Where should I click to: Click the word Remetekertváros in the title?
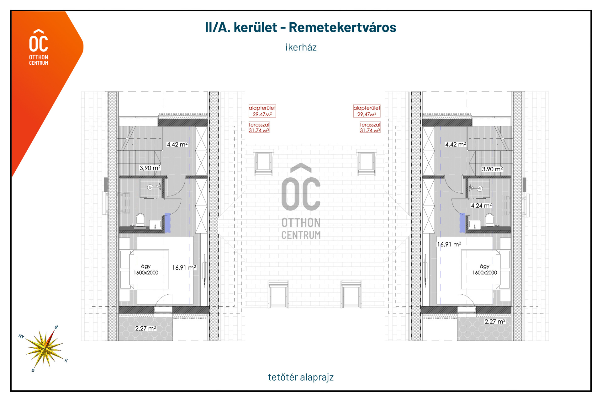point(342,27)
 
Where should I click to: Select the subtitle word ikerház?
point(301,47)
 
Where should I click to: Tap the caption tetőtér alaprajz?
point(301,377)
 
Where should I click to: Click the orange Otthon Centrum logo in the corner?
point(39,47)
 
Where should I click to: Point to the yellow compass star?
point(45,348)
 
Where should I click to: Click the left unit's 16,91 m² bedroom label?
point(184,267)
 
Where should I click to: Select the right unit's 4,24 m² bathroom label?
point(481,206)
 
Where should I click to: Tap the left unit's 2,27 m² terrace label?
point(145,328)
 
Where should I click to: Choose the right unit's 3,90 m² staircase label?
point(492,169)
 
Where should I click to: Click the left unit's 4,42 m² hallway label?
point(177,144)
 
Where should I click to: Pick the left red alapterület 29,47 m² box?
point(262,111)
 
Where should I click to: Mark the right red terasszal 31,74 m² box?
point(370,127)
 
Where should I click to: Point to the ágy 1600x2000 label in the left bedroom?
point(146,269)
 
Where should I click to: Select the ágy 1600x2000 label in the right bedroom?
point(485,269)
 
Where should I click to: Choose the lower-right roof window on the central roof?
point(351,295)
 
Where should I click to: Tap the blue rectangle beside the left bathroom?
point(167,222)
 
